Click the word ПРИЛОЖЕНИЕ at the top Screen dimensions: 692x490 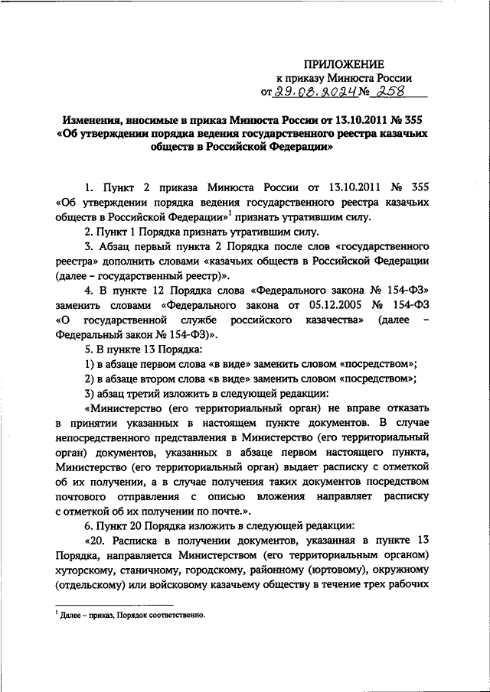pyautogui.click(x=345, y=63)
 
